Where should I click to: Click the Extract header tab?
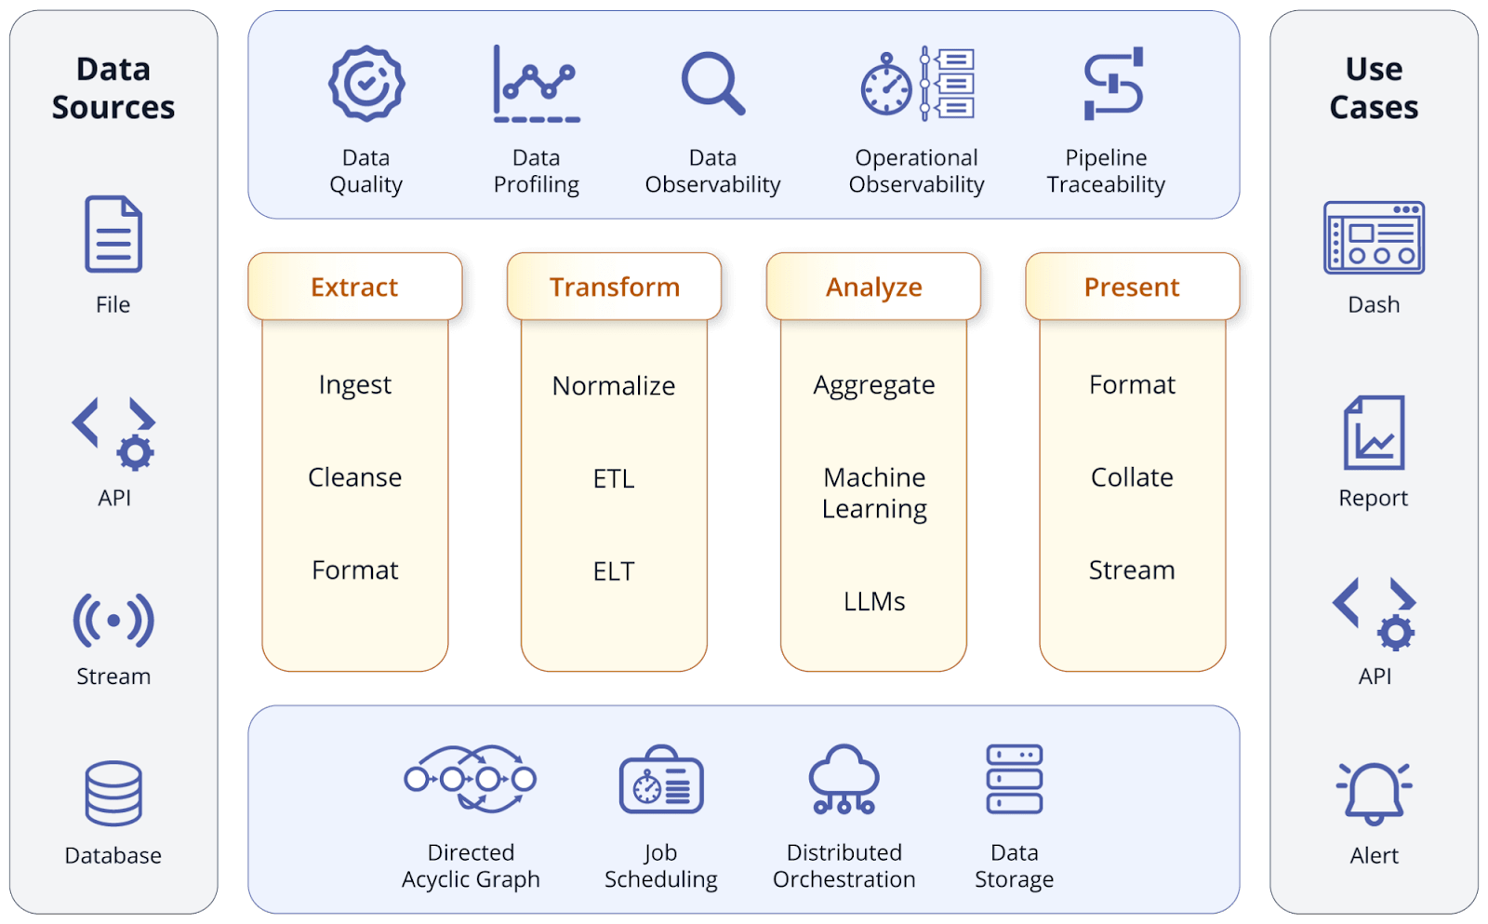point(354,287)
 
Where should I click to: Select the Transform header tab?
point(614,287)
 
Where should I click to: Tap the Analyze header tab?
point(873,287)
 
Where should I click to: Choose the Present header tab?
point(1132,287)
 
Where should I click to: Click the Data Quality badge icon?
point(366,84)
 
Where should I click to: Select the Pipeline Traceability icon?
point(1113,84)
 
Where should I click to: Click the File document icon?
point(113,234)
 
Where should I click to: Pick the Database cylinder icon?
point(113,794)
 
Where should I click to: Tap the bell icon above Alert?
point(1374,794)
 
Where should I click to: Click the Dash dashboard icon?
point(1374,237)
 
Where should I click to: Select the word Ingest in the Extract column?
point(354,384)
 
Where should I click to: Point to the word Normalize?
point(614,385)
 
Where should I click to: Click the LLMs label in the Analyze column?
point(874,601)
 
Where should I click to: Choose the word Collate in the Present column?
point(1132,477)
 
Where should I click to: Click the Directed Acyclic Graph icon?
point(471,779)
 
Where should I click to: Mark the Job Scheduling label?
point(660,865)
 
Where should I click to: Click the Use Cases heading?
point(1374,88)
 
